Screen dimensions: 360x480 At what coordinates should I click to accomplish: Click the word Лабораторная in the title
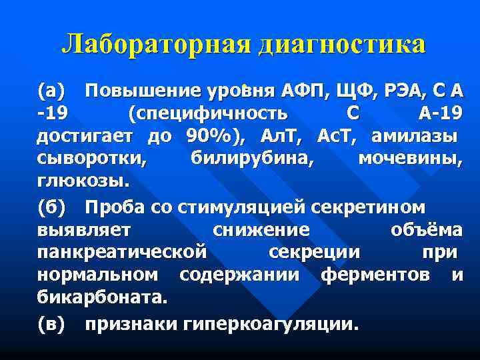[x=156, y=45]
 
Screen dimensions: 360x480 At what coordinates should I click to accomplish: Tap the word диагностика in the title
[x=341, y=45]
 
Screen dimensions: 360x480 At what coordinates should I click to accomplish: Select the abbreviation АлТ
[x=275, y=137]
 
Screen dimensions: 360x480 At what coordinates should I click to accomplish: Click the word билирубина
[x=253, y=160]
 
